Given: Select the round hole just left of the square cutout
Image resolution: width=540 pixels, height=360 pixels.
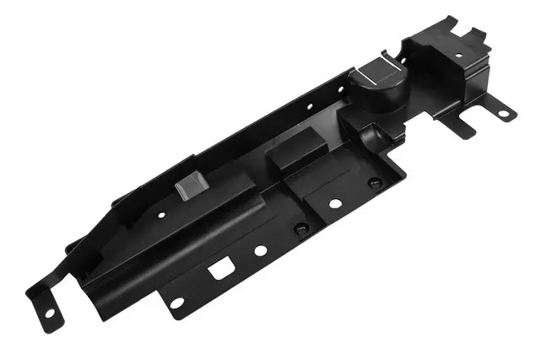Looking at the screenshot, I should (176, 302).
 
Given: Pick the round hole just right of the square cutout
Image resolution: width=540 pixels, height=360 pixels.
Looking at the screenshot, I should (261, 250).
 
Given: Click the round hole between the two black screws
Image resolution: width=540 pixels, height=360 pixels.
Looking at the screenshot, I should (335, 203).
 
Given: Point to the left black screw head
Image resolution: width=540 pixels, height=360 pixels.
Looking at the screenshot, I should (299, 228).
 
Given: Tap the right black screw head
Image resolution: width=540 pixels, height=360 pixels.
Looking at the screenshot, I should (375, 181).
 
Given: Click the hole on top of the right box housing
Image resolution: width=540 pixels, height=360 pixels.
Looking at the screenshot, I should (458, 56).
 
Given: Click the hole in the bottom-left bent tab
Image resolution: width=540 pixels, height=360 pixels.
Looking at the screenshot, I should (48, 314).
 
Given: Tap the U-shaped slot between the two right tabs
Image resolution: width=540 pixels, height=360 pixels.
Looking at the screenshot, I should (477, 121).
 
